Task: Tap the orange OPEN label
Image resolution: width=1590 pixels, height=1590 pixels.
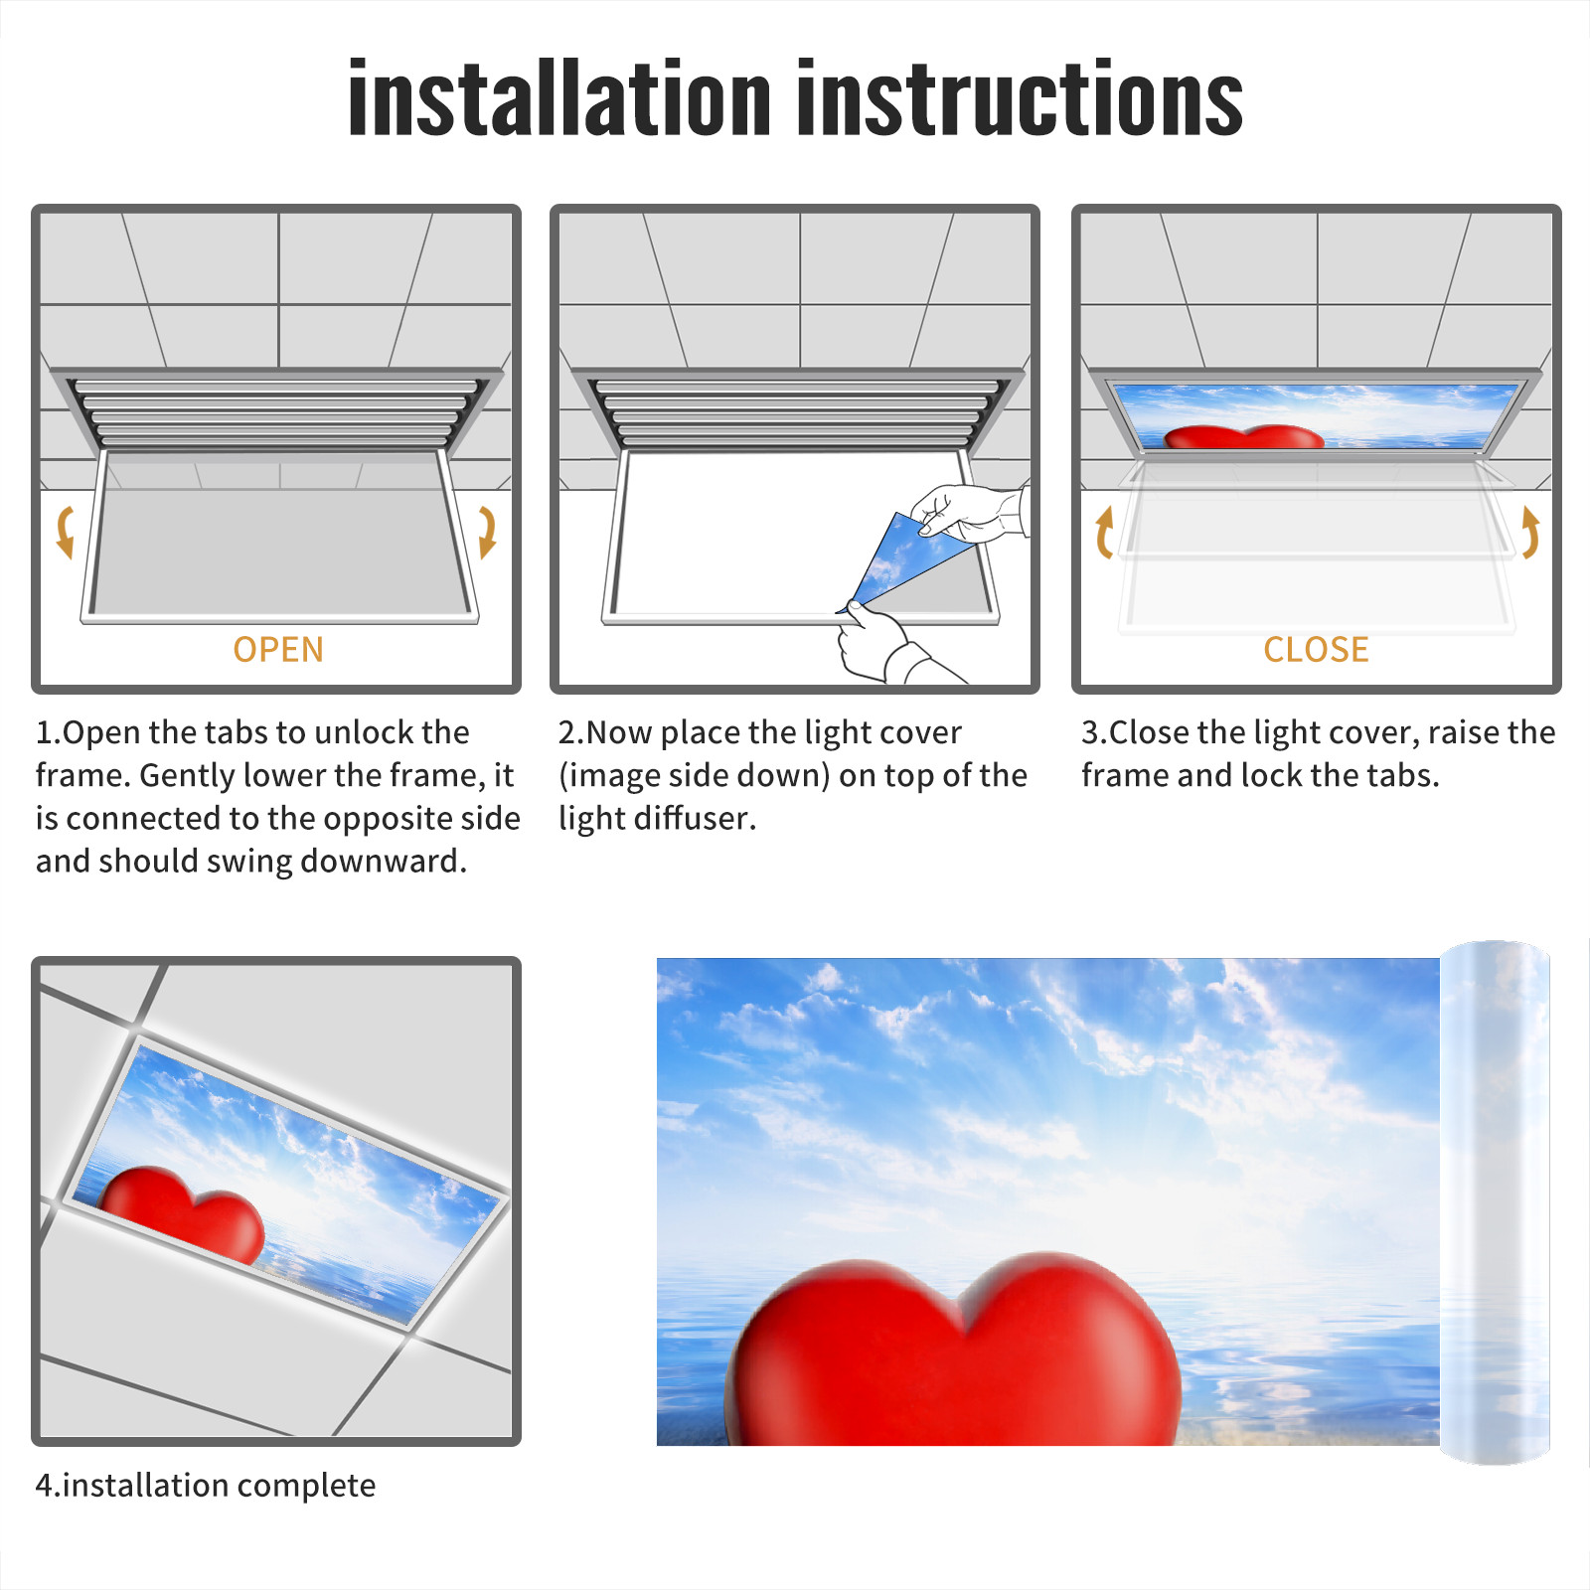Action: coord(278,650)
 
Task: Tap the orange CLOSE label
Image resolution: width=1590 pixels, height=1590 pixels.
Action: coord(1316,650)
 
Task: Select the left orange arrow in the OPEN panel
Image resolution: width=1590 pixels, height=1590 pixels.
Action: coord(66,532)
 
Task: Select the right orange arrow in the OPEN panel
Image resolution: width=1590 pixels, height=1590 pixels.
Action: coord(487,532)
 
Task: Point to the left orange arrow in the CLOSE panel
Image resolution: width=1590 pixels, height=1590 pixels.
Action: coord(1104,532)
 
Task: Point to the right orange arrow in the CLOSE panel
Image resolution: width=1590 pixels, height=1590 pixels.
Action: coord(1530,532)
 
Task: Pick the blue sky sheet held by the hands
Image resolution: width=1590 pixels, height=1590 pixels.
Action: coord(904,561)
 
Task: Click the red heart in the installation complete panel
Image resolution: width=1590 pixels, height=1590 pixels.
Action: coord(183,1213)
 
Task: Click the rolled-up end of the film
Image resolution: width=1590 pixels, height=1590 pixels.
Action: coord(1495,1202)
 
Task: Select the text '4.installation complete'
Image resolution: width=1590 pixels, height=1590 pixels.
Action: coord(206,1486)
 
